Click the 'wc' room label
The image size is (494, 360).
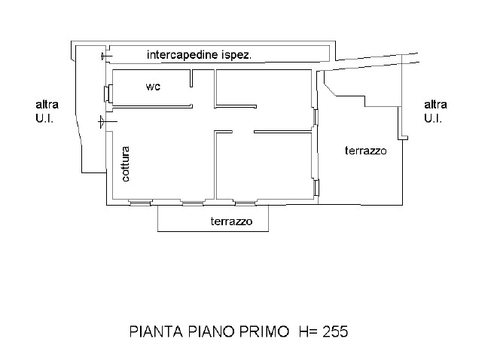[153, 87]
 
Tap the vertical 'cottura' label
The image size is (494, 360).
[126, 163]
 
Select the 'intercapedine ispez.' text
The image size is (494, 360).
[199, 55]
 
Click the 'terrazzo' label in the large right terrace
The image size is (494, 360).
[365, 151]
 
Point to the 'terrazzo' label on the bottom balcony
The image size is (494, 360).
[232, 221]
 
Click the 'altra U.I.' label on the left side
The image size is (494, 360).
[47, 111]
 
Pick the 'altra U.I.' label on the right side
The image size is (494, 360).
[435, 111]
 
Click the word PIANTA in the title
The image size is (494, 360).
[156, 331]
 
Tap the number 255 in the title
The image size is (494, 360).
[335, 331]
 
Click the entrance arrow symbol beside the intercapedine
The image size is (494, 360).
[106, 56]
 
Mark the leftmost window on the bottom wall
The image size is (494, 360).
[141, 203]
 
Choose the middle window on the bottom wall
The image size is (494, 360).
[193, 203]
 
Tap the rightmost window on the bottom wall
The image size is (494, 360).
[245, 203]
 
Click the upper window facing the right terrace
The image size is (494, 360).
[316, 117]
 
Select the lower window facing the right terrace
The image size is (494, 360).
[316, 187]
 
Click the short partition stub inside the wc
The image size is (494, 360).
[191, 78]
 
